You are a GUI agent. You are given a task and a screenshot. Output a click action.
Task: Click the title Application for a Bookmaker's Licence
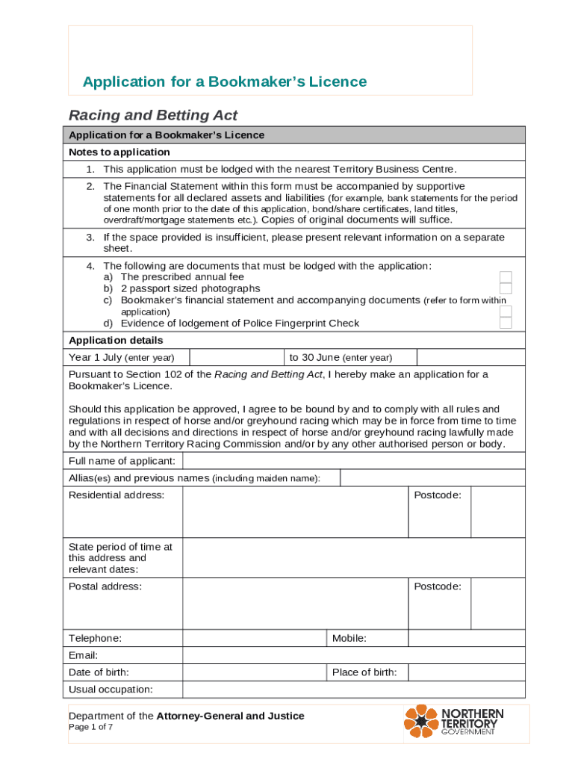(225, 81)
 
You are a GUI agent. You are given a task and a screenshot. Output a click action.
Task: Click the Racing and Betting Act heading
(153, 115)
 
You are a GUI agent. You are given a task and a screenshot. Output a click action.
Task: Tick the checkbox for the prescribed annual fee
(506, 277)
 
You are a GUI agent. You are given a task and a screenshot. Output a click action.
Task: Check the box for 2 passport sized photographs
(506, 288)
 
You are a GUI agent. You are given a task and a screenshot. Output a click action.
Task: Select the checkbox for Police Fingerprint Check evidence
(506, 323)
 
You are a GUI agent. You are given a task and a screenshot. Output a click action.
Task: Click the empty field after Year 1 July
(237, 357)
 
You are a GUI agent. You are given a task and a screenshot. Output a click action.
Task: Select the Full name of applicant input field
(354, 461)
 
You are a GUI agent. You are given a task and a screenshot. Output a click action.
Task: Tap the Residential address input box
(295, 512)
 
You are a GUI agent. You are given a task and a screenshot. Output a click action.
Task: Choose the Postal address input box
(295, 604)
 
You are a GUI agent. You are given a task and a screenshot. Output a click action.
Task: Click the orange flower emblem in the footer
(421, 722)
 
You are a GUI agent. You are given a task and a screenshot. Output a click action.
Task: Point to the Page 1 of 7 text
(91, 728)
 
